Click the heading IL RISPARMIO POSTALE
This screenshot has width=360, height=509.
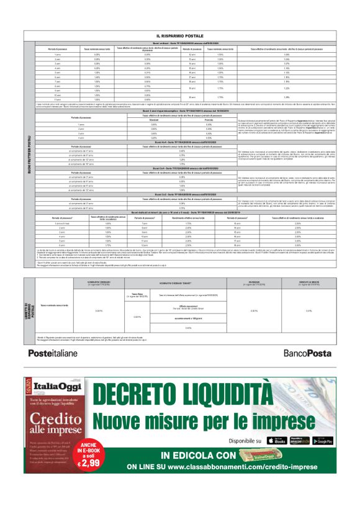179,36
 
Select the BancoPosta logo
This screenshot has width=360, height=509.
305,352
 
